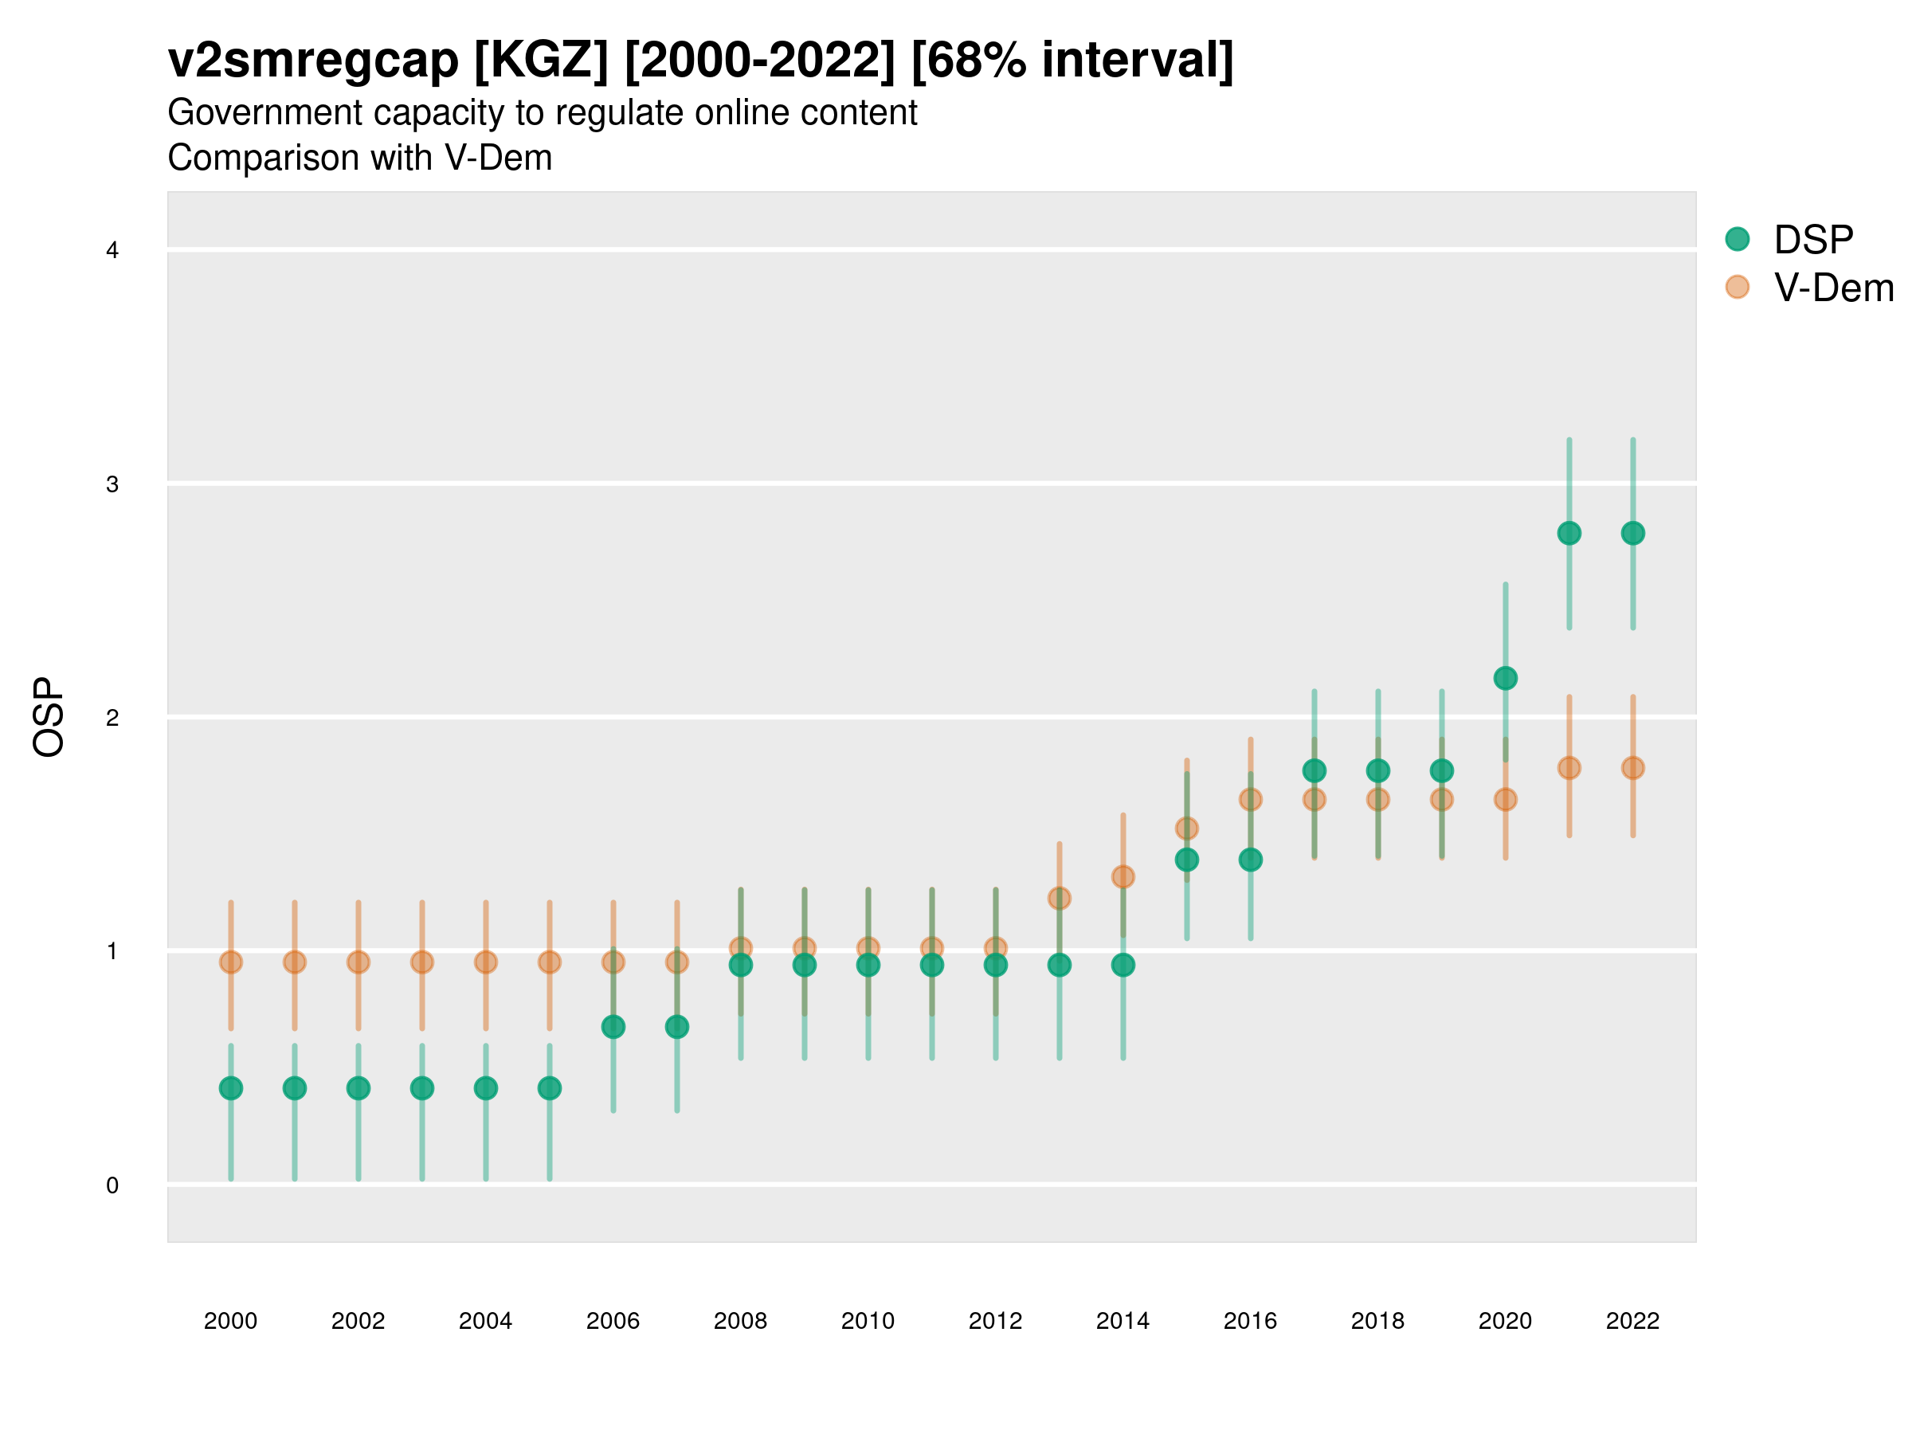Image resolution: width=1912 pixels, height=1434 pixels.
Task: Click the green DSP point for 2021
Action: [x=1569, y=533]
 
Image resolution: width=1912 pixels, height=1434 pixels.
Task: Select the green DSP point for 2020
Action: [x=1505, y=679]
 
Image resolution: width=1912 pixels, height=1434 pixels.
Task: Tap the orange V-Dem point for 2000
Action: [x=231, y=962]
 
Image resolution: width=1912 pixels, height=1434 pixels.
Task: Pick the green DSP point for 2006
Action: [x=613, y=1027]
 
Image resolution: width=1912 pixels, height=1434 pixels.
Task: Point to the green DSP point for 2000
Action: [x=231, y=1088]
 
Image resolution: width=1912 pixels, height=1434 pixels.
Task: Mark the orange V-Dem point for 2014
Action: [x=1123, y=877]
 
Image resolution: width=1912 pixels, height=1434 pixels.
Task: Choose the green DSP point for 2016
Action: [x=1250, y=860]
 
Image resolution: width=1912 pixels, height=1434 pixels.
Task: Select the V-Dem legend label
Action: [x=1833, y=288]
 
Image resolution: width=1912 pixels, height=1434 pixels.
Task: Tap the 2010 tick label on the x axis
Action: [x=868, y=1321]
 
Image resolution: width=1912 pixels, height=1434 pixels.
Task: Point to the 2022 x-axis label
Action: [x=1632, y=1321]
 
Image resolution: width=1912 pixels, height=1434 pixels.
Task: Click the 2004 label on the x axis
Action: [x=485, y=1321]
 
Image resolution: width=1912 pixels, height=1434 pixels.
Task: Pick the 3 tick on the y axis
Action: [x=112, y=484]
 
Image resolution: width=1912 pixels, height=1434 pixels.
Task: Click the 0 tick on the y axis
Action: [x=112, y=1185]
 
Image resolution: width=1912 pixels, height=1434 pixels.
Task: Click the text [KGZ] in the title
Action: [x=541, y=61]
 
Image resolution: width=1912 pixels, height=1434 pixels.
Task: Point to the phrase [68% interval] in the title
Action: [x=1072, y=61]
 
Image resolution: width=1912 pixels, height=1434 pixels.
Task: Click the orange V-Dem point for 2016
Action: [x=1250, y=800]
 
